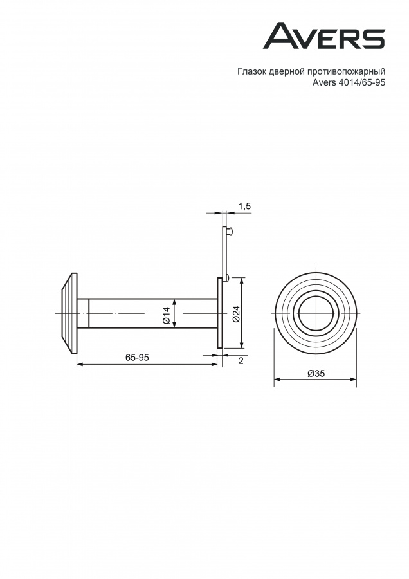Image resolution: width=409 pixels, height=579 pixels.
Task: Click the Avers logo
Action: click(324, 36)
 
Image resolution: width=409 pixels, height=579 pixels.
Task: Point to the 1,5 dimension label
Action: click(244, 207)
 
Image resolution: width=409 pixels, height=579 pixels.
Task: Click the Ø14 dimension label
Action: click(166, 315)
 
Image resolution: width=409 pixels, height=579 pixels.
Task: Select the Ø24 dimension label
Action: click(237, 313)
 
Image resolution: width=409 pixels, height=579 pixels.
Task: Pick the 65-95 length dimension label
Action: click(137, 358)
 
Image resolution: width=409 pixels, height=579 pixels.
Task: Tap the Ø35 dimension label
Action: click(316, 373)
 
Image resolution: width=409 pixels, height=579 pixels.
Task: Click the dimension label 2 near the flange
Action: click(241, 361)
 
